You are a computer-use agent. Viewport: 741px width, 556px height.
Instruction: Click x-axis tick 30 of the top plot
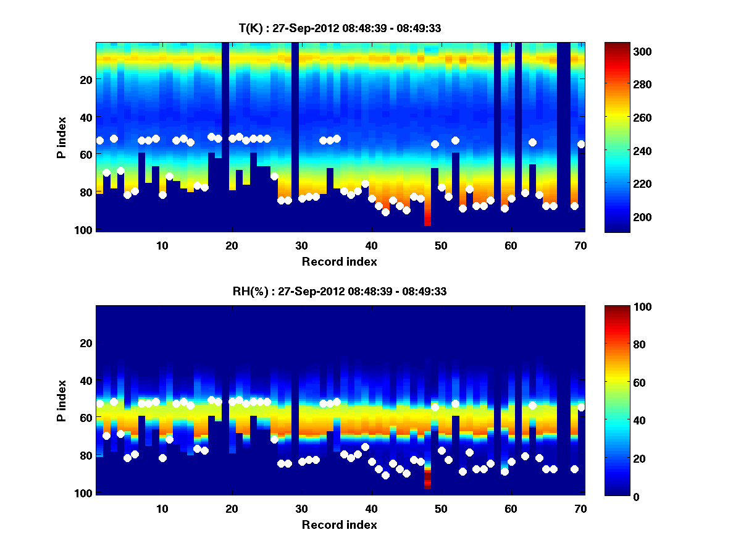pos(301,245)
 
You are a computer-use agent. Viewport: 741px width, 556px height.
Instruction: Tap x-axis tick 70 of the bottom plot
pos(580,508)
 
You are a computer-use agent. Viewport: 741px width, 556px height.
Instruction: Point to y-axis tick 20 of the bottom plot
pos(86,343)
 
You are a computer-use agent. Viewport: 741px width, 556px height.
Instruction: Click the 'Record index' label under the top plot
pos(339,262)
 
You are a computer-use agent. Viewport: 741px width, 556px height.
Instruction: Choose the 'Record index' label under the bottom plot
pos(339,525)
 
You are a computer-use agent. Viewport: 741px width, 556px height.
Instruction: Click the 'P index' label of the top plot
pos(62,137)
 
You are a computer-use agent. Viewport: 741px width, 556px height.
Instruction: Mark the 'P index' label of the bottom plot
pos(62,400)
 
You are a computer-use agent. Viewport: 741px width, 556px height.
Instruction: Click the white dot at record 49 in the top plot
pos(435,144)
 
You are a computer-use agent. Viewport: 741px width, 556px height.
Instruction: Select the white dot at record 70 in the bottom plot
pos(581,407)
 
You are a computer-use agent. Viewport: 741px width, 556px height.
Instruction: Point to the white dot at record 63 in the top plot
pos(532,142)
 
